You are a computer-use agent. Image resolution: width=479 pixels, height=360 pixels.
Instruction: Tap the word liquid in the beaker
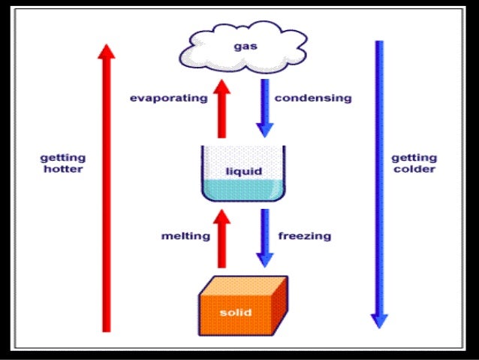coord(245,171)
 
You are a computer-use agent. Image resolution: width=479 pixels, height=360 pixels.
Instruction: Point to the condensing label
coord(313,98)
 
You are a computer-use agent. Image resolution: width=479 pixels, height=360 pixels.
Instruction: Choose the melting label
coord(185,236)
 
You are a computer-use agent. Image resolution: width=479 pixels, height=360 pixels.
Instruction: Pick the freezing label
coord(305,236)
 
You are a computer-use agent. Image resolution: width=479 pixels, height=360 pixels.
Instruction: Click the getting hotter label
coord(62,163)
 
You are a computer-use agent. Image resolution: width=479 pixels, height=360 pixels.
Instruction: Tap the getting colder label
coord(414,163)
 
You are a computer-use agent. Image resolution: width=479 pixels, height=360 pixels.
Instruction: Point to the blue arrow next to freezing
coord(264,236)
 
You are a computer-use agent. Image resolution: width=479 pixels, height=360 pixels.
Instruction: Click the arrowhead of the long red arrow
coord(107,51)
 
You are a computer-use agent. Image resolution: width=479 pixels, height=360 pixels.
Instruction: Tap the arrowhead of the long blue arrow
coord(380,319)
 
